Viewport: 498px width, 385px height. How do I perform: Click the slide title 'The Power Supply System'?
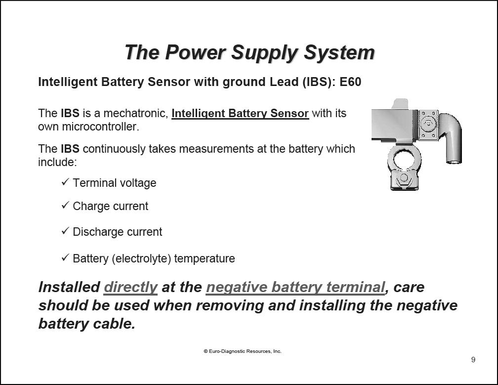pyautogui.click(x=249, y=52)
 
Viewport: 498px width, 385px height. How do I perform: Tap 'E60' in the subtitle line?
pyautogui.click(x=350, y=82)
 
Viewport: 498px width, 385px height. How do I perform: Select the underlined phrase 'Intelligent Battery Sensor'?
pyautogui.click(x=240, y=113)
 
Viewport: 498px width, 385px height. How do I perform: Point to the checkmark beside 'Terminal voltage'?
pyautogui.click(x=65, y=182)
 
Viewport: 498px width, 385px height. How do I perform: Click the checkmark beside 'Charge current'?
pyautogui.click(x=65, y=205)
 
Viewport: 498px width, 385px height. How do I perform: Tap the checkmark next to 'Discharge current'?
pyautogui.click(x=65, y=231)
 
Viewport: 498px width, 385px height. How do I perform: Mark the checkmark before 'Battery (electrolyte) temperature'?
pyautogui.click(x=65, y=257)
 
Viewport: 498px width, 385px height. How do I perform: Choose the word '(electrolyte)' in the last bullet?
pyautogui.click(x=141, y=258)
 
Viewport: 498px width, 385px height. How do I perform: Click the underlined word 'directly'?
pyautogui.click(x=130, y=287)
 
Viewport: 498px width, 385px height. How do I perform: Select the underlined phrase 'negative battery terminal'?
pyautogui.click(x=295, y=287)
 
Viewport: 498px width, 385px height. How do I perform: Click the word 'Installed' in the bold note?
pyautogui.click(x=69, y=287)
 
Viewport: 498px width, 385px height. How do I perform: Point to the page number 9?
pyautogui.click(x=473, y=360)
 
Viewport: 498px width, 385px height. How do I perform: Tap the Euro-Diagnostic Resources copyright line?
pyautogui.click(x=242, y=351)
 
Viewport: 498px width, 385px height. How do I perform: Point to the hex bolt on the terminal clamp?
pyautogui.click(x=404, y=178)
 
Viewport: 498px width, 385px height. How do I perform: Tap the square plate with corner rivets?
pyautogui.click(x=428, y=124)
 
